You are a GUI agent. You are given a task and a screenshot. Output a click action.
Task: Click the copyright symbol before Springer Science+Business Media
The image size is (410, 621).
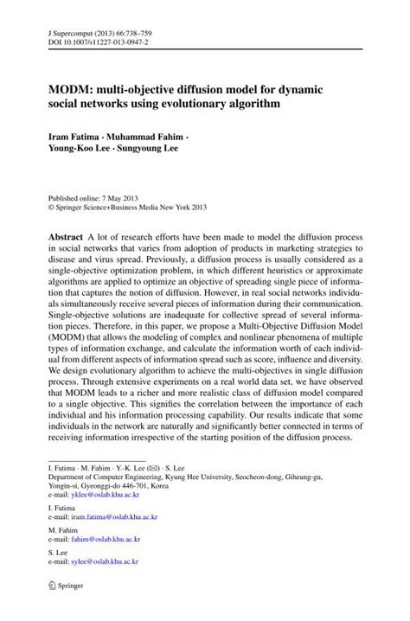(x=51, y=208)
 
